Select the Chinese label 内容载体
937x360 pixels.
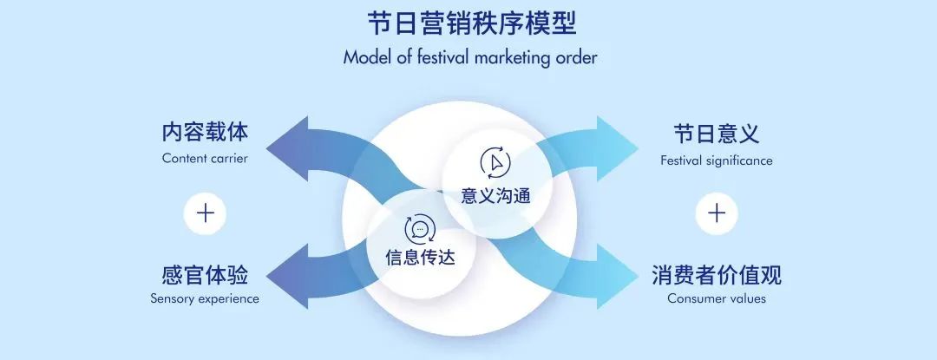tap(205, 133)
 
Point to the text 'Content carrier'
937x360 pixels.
tap(205, 159)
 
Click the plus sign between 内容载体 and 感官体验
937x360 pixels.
tap(206, 213)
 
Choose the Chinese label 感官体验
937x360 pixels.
tap(205, 276)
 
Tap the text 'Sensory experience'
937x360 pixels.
tap(205, 299)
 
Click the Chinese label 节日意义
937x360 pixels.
tap(716, 134)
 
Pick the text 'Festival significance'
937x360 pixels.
tap(716, 160)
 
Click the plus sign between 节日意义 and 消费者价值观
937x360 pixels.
tap(717, 213)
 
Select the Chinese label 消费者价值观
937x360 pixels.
tap(717, 276)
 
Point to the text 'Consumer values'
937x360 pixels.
tap(717, 299)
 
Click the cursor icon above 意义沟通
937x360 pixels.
tap(495, 162)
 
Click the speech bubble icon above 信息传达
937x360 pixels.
tap(420, 229)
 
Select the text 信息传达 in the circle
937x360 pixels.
tap(420, 258)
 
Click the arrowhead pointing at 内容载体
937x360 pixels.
tap(286, 141)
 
